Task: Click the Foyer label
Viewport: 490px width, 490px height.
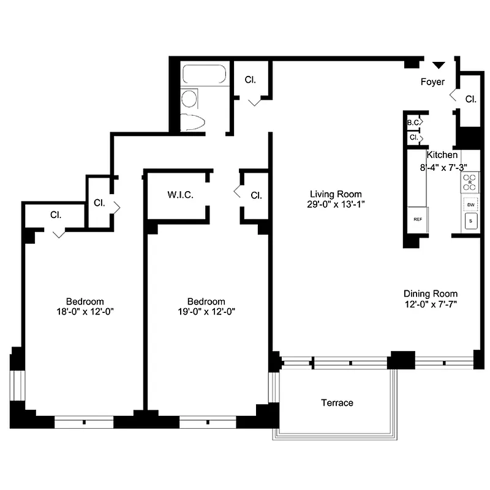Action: pos(432,81)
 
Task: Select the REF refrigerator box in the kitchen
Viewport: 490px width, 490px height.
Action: pos(418,219)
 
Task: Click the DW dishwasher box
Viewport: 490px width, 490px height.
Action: pos(470,205)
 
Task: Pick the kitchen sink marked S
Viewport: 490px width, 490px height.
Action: pos(470,221)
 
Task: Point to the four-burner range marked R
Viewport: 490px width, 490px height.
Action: pos(470,181)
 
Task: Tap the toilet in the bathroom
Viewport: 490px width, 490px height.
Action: pos(190,98)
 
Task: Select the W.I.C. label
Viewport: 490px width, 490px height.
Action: pos(181,195)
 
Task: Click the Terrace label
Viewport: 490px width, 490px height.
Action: pos(337,402)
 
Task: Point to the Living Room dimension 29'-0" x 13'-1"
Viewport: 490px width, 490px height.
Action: pos(337,204)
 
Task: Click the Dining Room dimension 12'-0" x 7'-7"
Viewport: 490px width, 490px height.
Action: pos(430,304)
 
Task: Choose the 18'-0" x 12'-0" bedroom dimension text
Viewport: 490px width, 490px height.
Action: pos(85,311)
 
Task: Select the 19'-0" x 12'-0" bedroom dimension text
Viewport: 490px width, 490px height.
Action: pos(206,311)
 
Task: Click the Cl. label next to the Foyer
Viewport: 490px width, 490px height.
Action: pos(470,99)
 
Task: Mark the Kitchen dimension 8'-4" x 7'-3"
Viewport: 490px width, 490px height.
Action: pos(443,166)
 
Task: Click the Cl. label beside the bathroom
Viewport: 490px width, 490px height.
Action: pos(250,80)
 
